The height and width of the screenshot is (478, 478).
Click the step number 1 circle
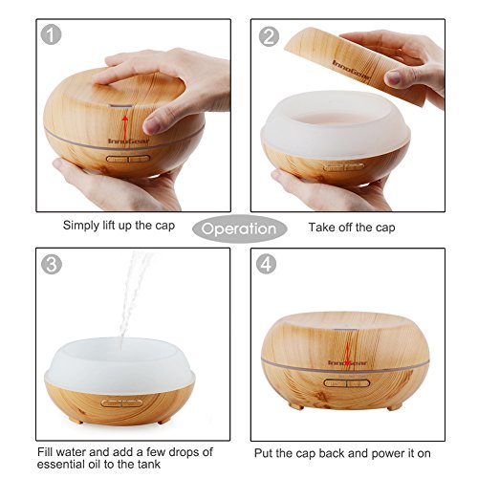click(x=51, y=34)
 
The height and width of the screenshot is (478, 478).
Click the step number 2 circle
click(x=269, y=36)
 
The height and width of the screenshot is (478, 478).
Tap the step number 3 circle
click(x=52, y=264)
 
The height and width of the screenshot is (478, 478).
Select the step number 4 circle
click(x=267, y=264)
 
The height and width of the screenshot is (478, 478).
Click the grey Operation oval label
click(x=240, y=228)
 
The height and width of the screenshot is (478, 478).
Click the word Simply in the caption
click(x=81, y=226)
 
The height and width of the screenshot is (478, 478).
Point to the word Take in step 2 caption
click(x=321, y=228)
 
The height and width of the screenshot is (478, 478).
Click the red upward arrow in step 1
click(x=125, y=127)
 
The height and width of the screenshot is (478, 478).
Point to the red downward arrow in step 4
click(x=347, y=353)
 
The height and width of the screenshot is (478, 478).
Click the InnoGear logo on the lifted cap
click(x=352, y=71)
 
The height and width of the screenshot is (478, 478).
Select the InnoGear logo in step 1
click(x=128, y=141)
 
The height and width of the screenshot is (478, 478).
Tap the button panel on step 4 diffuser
click(x=347, y=382)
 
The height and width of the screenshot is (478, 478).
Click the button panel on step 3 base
click(x=121, y=403)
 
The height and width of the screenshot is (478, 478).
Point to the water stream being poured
click(x=134, y=294)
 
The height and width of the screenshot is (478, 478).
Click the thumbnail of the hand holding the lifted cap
click(x=394, y=77)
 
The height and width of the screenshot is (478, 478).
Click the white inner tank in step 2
click(x=336, y=124)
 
